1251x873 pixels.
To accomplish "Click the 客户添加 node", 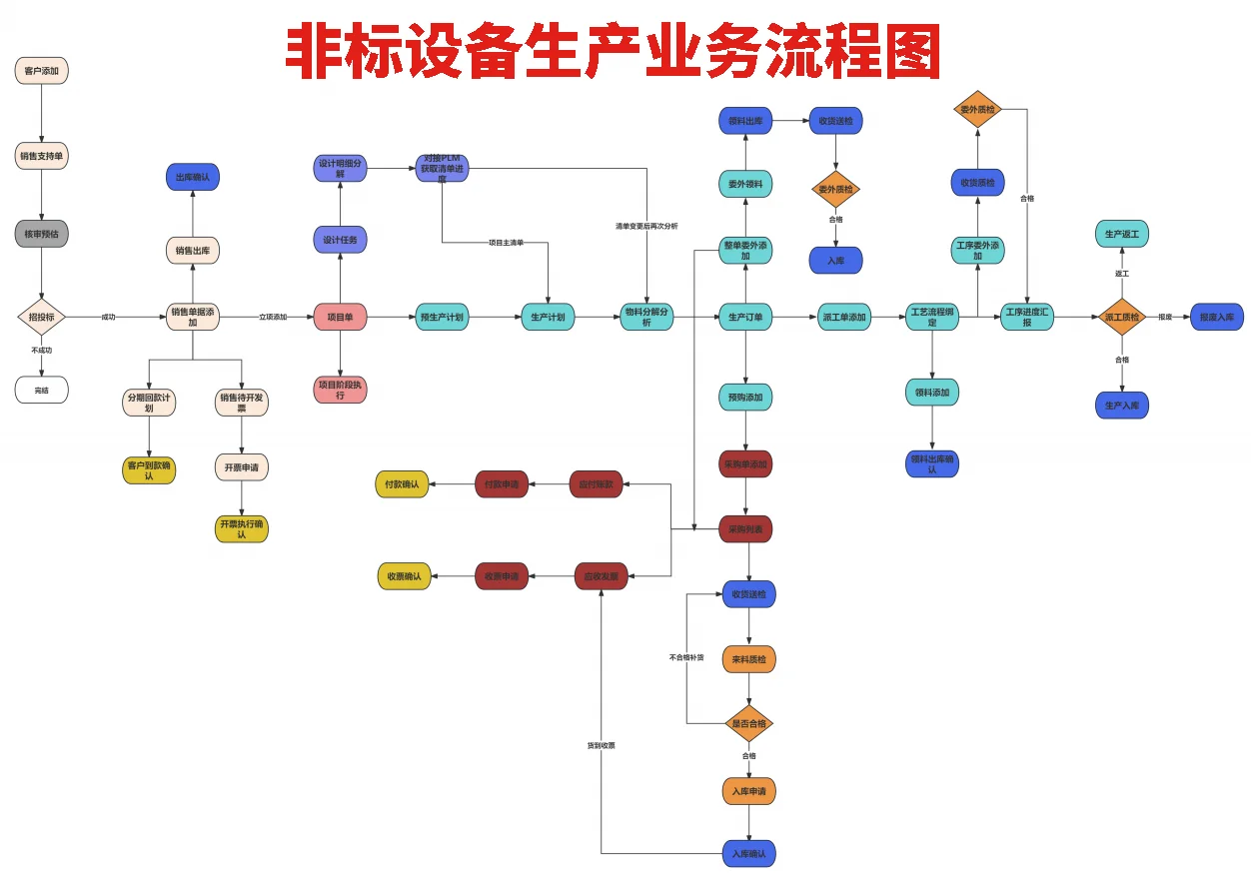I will tap(42, 71).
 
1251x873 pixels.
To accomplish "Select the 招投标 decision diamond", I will tap(42, 317).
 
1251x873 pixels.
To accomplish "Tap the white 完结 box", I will tap(42, 390).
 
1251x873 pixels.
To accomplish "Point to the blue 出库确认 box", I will tap(193, 177).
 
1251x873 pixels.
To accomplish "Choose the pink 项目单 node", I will tap(341, 317).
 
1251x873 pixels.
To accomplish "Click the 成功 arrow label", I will tap(108, 317).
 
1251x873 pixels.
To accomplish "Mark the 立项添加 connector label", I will tap(273, 317).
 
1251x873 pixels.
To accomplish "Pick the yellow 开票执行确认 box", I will tap(242, 529).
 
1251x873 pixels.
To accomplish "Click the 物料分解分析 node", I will tap(646, 317).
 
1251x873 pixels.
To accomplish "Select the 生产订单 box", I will tap(745, 318).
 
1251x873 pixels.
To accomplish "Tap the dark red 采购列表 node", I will tap(745, 529).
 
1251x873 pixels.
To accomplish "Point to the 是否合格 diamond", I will tap(748, 723).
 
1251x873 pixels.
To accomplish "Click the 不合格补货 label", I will tap(686, 657).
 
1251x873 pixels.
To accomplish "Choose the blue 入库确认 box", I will tap(748, 853).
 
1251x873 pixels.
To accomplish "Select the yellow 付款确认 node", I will tap(403, 484).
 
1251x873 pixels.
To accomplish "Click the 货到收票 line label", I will tap(602, 745).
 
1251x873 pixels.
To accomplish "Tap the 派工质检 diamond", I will tap(1122, 317).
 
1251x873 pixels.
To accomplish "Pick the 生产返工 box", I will tap(1122, 235).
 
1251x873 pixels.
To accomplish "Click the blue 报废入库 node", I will tap(1216, 317).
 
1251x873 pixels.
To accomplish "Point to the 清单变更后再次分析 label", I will tap(646, 226).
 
